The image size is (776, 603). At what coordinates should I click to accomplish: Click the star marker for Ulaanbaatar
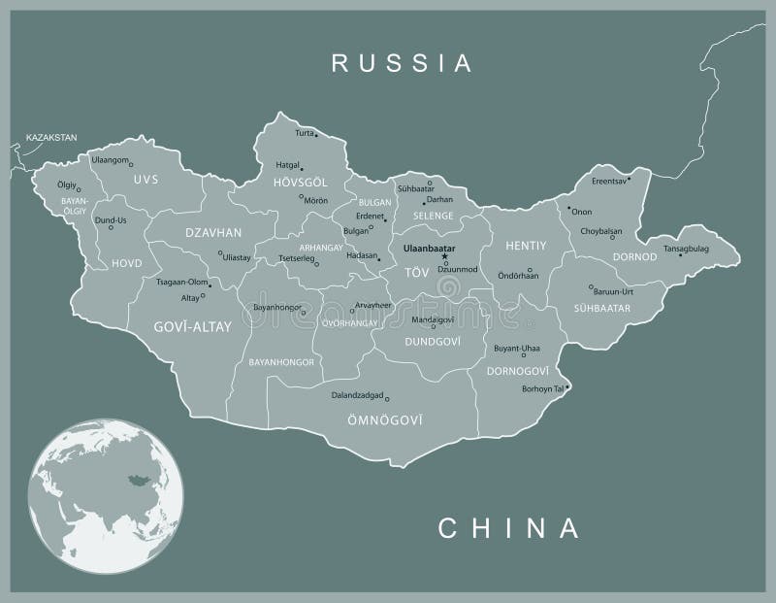tap(445, 256)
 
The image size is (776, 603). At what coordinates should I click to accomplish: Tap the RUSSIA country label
tap(403, 64)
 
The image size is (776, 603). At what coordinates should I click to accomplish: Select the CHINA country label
tap(509, 528)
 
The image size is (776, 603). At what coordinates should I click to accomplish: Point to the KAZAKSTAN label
tap(51, 139)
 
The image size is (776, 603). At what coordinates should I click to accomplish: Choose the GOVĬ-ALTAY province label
tap(193, 327)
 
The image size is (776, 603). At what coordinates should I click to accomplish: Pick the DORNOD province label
tap(635, 257)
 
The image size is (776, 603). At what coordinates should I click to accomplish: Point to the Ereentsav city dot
tap(629, 178)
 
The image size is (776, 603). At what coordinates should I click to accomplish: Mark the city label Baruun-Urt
tap(614, 289)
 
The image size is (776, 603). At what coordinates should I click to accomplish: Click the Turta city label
tap(304, 132)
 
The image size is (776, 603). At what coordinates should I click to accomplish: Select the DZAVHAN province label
tap(213, 232)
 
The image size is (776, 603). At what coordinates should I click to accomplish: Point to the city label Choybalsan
tap(600, 231)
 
